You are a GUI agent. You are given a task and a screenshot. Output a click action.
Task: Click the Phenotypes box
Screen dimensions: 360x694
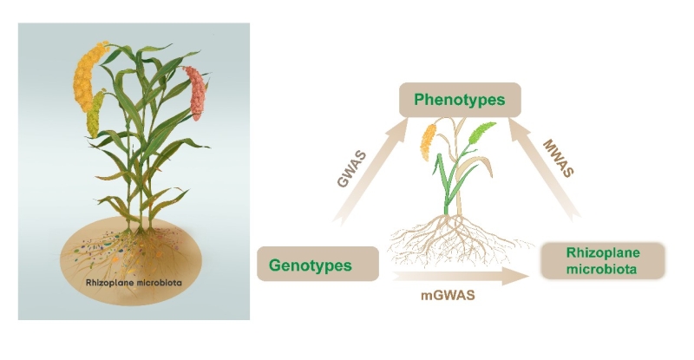coord(459,100)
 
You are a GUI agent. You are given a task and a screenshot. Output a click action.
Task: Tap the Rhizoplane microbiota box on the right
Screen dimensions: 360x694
coord(602,260)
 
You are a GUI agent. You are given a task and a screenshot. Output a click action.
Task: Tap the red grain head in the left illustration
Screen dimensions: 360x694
coord(197,93)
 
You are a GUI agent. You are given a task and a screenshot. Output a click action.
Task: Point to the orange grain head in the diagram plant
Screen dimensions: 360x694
coord(427,142)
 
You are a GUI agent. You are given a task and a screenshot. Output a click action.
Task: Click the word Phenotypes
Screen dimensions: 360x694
coord(459,100)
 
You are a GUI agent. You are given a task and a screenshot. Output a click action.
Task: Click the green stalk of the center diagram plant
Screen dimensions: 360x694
coord(446,187)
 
